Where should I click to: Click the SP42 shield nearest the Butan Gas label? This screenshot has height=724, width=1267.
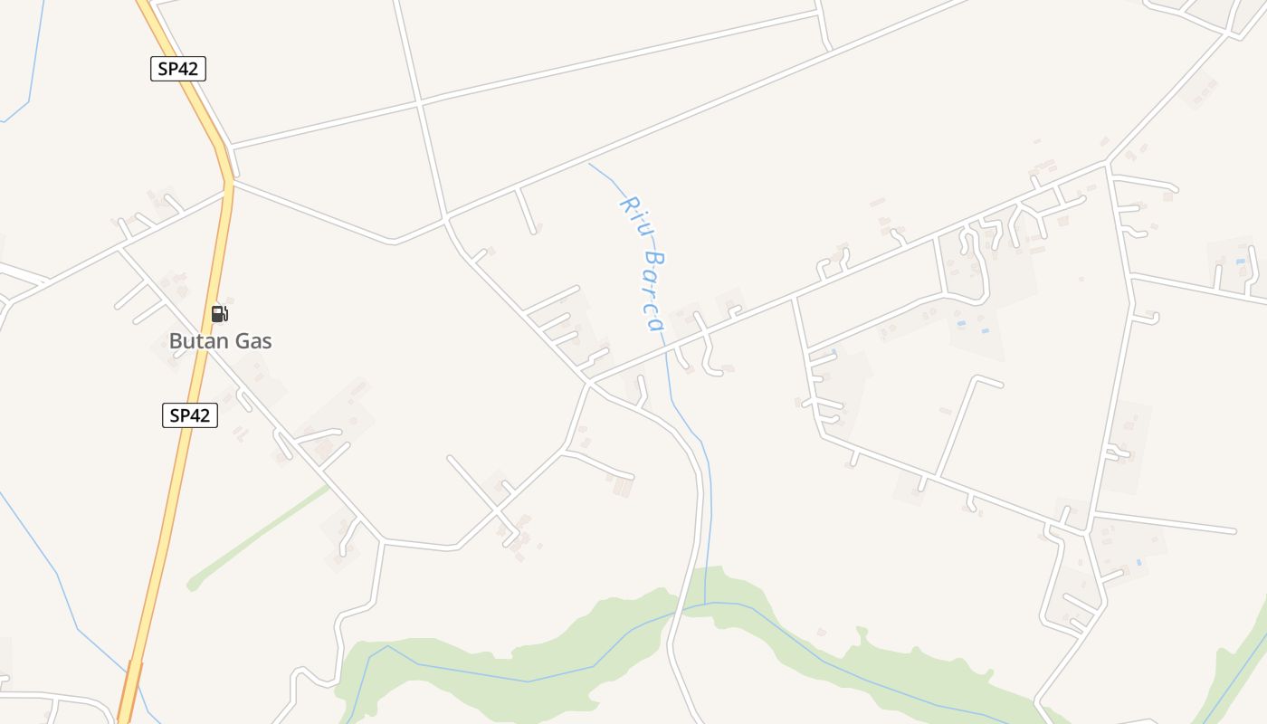190,415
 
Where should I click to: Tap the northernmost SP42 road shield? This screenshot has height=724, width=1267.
178,68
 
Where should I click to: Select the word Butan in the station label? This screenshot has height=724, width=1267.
194,341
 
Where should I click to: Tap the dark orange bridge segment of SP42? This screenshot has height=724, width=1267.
130,692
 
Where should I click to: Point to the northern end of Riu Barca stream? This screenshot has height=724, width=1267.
590,164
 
